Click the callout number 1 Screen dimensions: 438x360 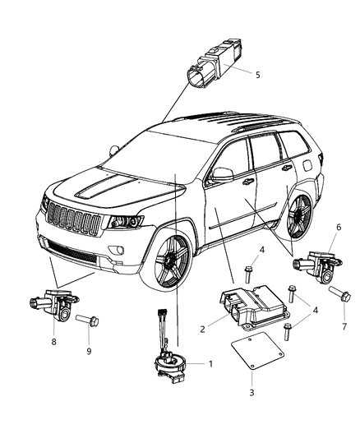[210, 362]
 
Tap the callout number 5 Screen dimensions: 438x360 [257, 75]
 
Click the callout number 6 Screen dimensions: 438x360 [337, 228]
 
